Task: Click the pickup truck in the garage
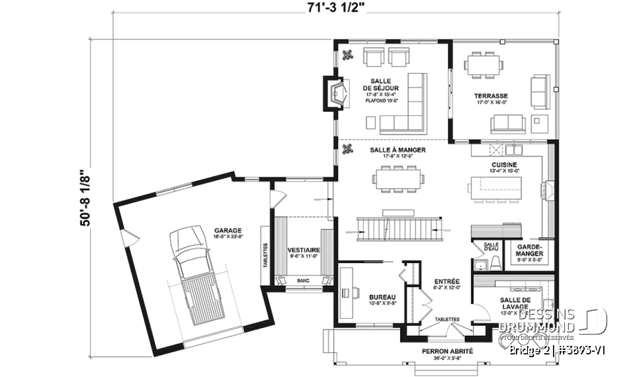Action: coord(192,276)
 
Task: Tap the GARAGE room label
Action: coord(227,231)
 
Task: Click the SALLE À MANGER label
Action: coord(398,150)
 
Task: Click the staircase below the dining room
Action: coord(398,229)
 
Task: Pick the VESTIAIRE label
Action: coord(304,250)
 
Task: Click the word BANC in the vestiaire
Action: coord(304,281)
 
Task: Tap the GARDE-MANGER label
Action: coord(530,250)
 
